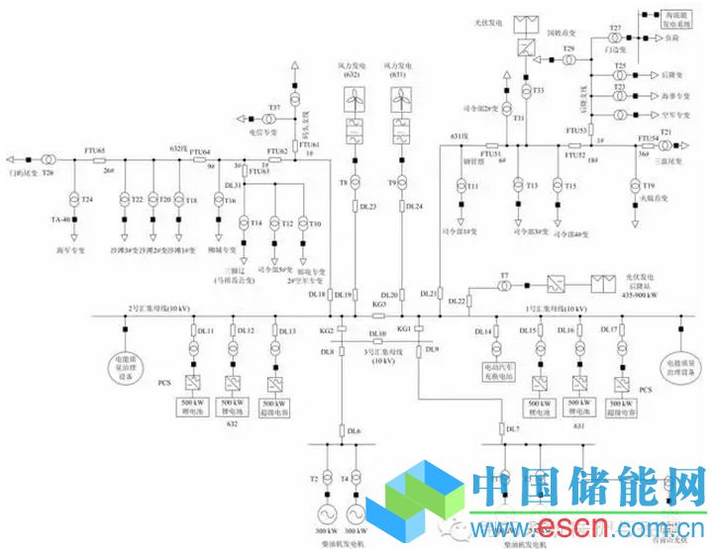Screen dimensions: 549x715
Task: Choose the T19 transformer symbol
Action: [635, 185]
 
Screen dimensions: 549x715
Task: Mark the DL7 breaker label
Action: [511, 428]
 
